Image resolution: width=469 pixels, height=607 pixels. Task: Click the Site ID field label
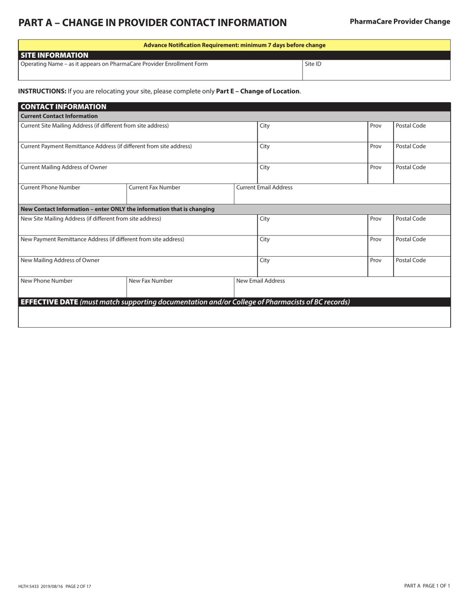pyautogui.click(x=313, y=64)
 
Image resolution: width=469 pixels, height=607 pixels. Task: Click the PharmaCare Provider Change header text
pyautogui.click(x=400, y=22)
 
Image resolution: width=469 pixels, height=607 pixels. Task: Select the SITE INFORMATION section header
pyautogui.click(x=54, y=55)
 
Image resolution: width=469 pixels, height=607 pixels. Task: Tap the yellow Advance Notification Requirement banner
pyautogui.click(x=234, y=45)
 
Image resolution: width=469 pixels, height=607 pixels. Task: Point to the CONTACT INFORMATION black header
pyautogui.click(x=63, y=107)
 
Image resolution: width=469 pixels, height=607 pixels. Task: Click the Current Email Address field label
pyautogui.click(x=264, y=188)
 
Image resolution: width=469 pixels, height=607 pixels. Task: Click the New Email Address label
pyautogui.click(x=261, y=281)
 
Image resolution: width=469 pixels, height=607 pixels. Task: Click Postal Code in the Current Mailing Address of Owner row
pyautogui.click(x=411, y=167)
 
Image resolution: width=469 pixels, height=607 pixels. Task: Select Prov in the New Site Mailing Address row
pyautogui.click(x=376, y=219)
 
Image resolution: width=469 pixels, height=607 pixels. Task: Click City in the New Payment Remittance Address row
pyautogui.click(x=265, y=239)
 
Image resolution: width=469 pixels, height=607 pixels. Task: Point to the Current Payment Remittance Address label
pyautogui.click(x=106, y=147)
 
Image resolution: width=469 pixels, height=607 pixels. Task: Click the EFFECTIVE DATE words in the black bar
pyautogui.click(x=49, y=302)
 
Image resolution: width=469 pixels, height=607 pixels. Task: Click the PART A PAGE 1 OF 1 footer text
pyautogui.click(x=427, y=586)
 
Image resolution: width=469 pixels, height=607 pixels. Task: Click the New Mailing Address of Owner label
pyautogui.click(x=60, y=260)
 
